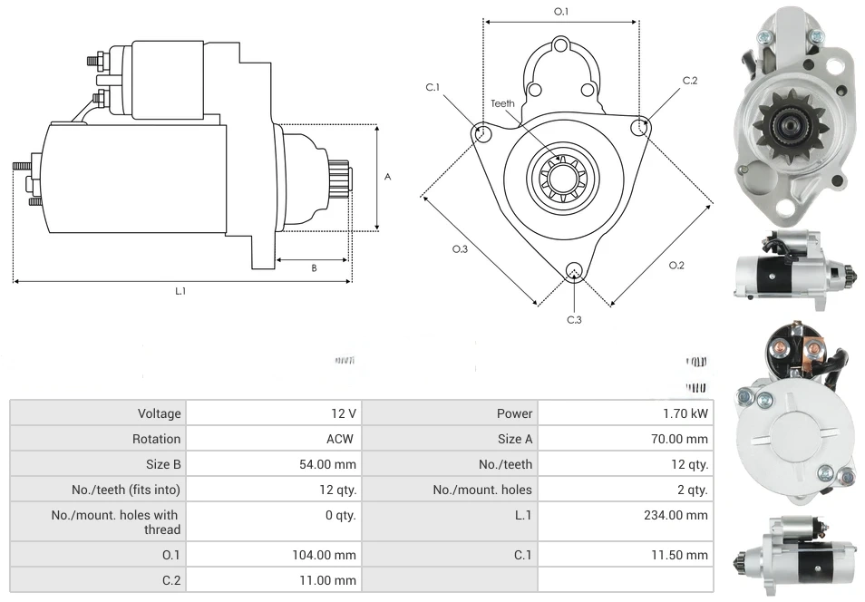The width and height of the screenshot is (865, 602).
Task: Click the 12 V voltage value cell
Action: [x=343, y=413]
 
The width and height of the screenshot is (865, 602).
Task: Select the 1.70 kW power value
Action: [x=687, y=413]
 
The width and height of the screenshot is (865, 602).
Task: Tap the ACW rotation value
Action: [x=341, y=439]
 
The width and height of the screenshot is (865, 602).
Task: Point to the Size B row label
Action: [x=163, y=464]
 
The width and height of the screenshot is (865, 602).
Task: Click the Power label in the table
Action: [x=514, y=413]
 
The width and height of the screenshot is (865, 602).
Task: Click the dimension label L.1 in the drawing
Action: [x=180, y=291]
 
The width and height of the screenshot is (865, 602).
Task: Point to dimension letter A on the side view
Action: [x=387, y=177]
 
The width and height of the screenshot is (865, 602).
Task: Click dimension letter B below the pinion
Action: [x=314, y=267]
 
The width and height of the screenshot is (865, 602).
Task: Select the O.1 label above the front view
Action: [x=560, y=11]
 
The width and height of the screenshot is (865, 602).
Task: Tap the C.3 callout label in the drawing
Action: [x=574, y=319]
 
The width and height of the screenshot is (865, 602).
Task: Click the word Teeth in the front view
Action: [x=502, y=103]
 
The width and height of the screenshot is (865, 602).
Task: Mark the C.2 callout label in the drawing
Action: [x=690, y=81]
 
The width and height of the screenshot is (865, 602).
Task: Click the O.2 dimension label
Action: [x=676, y=265]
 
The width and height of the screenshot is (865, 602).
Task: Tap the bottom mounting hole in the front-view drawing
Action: [x=573, y=271]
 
